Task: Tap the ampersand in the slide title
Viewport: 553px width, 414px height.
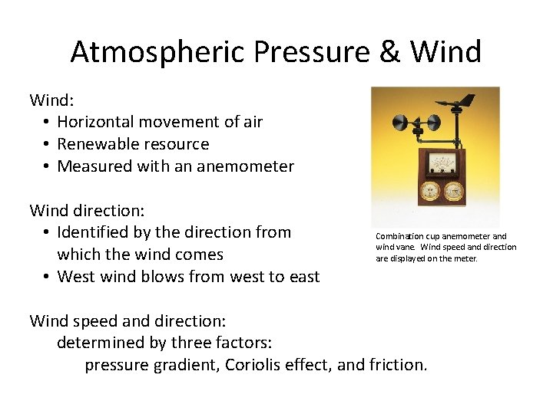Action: pos(391,52)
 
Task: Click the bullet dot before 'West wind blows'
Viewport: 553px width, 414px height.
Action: pos(47,277)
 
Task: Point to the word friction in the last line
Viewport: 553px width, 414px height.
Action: pos(395,365)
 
